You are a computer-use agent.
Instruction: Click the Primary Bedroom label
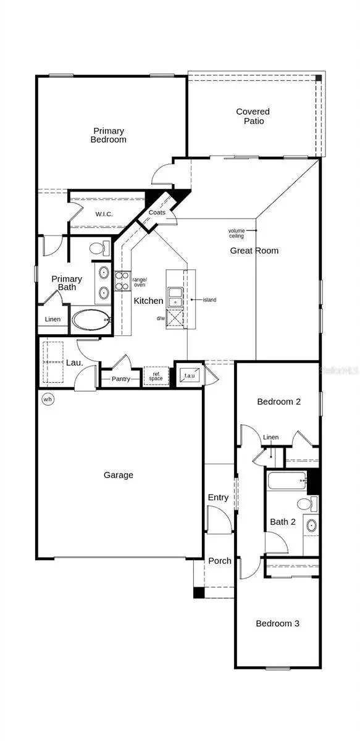pos(109,135)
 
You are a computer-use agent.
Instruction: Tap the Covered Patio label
pos(253,116)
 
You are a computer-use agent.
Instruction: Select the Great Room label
pos(254,251)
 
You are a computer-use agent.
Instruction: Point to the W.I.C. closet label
pos(103,214)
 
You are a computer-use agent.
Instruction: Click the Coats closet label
pos(156,212)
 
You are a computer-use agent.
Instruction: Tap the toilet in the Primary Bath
pos(98,249)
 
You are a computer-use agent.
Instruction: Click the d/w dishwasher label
pos(161,319)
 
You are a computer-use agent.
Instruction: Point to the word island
pos(209,300)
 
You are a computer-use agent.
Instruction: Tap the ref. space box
pos(156,376)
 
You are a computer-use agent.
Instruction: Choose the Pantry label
pos(121,379)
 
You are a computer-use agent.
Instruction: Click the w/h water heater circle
pos(48,400)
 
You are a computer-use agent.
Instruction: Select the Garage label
pos(118,475)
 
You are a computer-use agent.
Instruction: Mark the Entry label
pos(218,497)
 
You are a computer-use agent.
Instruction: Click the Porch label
pos(219,561)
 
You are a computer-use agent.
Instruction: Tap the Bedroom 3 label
pos(277,624)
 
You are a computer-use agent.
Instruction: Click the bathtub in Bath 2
pos(286,479)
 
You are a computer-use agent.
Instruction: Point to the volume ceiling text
pos(237,233)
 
